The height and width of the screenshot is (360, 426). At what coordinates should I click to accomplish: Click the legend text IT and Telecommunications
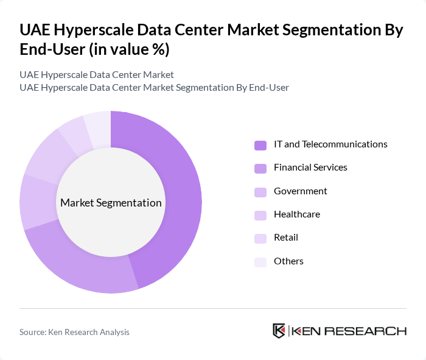click(330, 144)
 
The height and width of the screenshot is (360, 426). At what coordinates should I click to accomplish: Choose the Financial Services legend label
click(310, 168)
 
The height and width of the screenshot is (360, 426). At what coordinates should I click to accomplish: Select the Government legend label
click(300, 191)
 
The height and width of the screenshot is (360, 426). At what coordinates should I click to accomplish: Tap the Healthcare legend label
click(296, 214)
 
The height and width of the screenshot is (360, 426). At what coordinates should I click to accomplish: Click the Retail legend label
click(285, 238)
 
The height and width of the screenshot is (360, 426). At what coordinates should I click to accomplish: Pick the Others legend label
click(288, 261)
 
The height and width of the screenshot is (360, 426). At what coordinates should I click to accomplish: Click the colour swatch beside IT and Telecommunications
click(260, 145)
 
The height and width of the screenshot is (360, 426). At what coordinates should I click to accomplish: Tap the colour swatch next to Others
click(260, 261)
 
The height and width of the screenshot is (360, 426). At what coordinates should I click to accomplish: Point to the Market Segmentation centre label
click(111, 203)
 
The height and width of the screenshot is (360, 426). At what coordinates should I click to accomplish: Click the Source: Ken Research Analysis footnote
click(74, 332)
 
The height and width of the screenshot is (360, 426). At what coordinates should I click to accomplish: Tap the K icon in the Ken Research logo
click(279, 331)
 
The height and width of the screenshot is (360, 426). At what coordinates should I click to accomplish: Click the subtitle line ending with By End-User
click(154, 88)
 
